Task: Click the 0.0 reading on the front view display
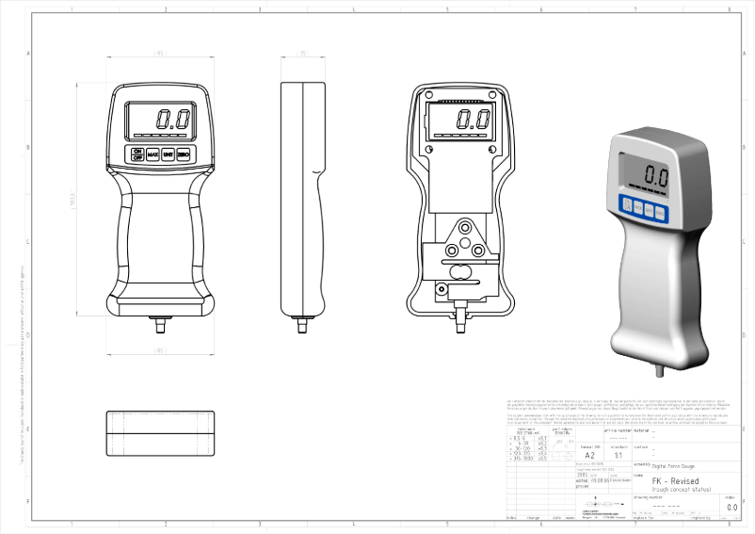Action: pos(173,120)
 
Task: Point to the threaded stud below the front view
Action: pos(159,326)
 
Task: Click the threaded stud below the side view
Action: pos(302,326)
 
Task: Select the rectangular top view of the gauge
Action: pos(159,433)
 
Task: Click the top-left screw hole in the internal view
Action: pos(428,97)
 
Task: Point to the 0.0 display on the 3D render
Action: pos(656,175)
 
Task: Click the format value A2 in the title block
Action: pos(590,455)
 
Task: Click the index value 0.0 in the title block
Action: pos(731,508)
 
